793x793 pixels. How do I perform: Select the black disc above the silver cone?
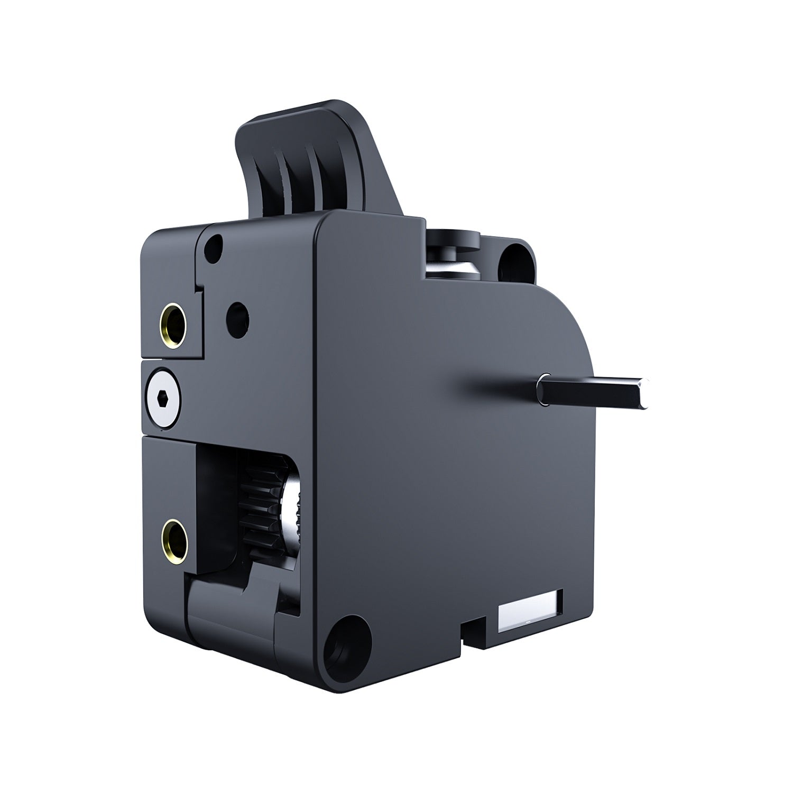tap(455, 238)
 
